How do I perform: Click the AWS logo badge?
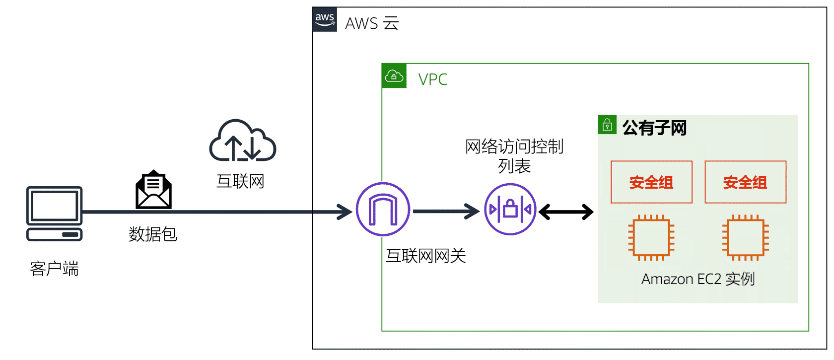[x=325, y=19]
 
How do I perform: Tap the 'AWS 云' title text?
[x=372, y=23]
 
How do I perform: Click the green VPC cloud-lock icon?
[x=394, y=76]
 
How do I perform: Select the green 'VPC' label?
[x=433, y=79]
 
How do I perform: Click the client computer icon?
[x=55, y=214]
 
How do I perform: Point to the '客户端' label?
[x=55, y=269]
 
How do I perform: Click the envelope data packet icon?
[x=153, y=190]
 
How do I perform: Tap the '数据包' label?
[x=153, y=234]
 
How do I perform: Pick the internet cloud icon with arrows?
[x=242, y=141]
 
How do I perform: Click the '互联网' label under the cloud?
[x=240, y=181]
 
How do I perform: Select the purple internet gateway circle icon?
[x=383, y=209]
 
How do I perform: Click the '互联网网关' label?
[x=426, y=256]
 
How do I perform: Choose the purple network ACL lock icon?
[x=510, y=209]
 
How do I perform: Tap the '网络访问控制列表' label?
[x=514, y=156]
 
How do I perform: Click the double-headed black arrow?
[x=566, y=212]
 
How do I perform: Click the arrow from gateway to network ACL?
[x=446, y=212]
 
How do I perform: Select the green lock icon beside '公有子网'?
[x=607, y=124]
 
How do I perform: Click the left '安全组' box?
[x=651, y=182]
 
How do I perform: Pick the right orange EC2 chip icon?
[x=746, y=237]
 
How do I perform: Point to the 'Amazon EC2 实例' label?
[x=698, y=279]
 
